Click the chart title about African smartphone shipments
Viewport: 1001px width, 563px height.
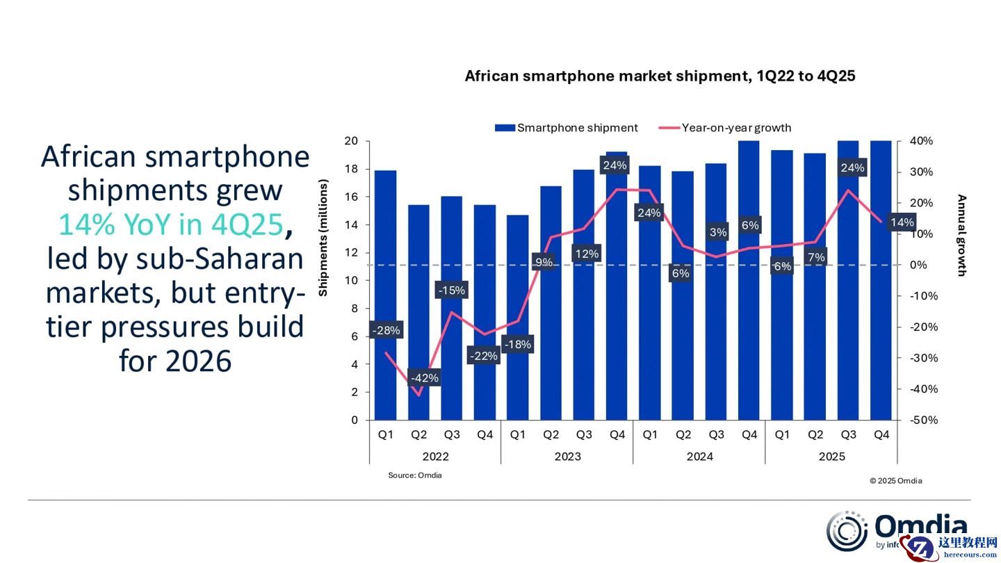(660, 76)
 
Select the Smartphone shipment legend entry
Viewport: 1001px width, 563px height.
(567, 128)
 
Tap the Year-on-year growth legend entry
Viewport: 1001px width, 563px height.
(727, 128)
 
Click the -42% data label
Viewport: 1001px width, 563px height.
(424, 378)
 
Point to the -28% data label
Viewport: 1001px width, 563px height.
(386, 331)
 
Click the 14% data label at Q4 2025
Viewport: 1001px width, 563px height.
(902, 222)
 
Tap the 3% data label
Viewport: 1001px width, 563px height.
(718, 232)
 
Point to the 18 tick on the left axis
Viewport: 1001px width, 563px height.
(351, 169)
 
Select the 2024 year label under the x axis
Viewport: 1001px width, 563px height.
(699, 457)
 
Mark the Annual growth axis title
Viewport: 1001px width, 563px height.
(962, 235)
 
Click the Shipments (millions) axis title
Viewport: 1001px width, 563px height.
(323, 238)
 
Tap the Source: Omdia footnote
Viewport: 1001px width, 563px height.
(414, 475)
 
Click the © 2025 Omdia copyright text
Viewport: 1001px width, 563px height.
(895, 480)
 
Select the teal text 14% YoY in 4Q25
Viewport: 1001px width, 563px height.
(171, 225)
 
